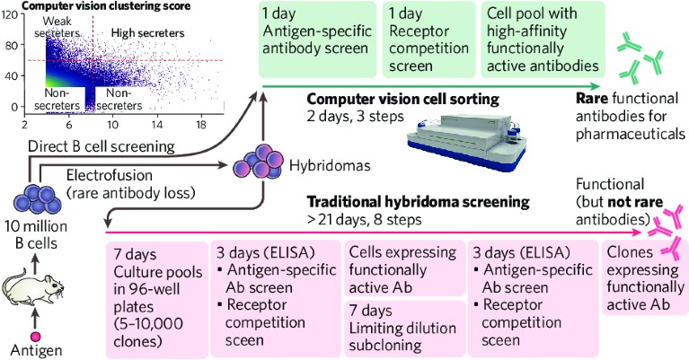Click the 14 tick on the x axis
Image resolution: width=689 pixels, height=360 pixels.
coord(156,124)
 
